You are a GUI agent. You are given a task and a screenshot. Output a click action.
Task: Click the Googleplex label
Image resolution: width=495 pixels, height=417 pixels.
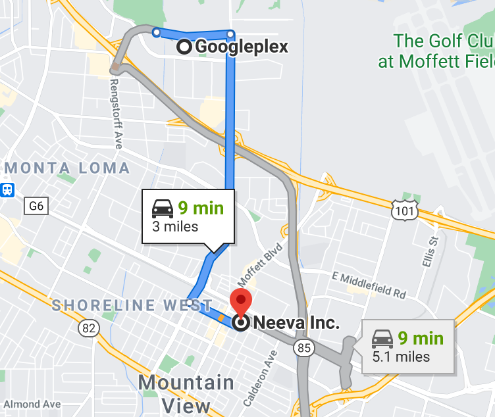pyautogui.click(x=241, y=47)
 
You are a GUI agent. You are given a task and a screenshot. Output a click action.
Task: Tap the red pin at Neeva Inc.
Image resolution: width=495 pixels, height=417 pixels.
pyautogui.click(x=242, y=305)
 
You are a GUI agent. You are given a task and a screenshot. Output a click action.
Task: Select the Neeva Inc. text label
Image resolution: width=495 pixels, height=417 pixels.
pyautogui.click(x=296, y=323)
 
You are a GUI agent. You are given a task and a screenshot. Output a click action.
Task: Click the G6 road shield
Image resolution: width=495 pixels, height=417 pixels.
pyautogui.click(x=37, y=207)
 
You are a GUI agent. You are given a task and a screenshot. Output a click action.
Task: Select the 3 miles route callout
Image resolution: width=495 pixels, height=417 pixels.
pyautogui.click(x=188, y=216)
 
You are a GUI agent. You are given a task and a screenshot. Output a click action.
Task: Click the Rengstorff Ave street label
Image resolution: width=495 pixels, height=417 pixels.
pyautogui.click(x=116, y=114)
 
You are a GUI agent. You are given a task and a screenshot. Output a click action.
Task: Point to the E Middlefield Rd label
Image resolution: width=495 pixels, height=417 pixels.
pyautogui.click(x=369, y=283)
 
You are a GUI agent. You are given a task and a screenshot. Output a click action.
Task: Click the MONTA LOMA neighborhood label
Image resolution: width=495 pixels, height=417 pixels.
pyautogui.click(x=67, y=168)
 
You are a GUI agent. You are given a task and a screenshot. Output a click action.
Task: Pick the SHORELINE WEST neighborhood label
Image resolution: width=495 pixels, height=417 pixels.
pyautogui.click(x=113, y=305)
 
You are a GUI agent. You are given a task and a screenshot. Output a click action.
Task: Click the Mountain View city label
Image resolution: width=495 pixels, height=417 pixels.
pyautogui.click(x=186, y=393)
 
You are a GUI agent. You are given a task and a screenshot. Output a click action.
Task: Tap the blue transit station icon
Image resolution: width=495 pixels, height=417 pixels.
pyautogui.click(x=8, y=189)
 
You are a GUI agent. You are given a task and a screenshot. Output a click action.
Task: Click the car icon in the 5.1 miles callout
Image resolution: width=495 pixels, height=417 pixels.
pyautogui.click(x=382, y=339)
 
